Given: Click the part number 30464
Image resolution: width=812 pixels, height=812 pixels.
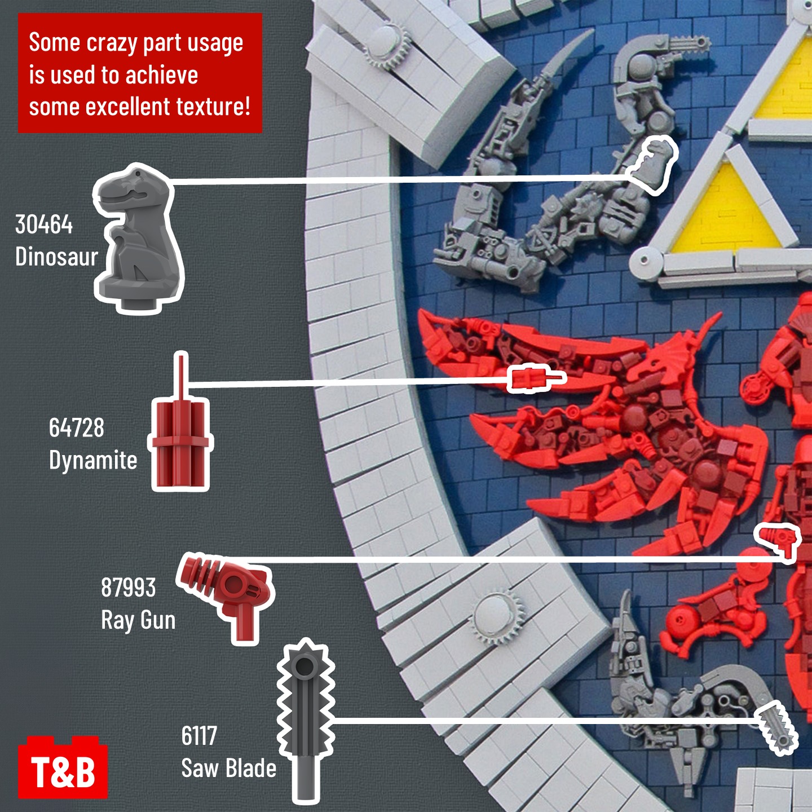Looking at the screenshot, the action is [44, 224].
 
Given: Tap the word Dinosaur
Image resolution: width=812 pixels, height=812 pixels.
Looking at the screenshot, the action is [56, 256].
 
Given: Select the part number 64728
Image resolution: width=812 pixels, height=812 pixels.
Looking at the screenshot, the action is [76, 427].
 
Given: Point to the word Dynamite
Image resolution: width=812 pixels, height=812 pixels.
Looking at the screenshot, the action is [92, 460].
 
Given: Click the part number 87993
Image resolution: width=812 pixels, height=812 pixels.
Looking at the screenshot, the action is [128, 587].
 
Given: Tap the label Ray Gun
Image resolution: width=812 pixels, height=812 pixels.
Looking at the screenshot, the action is [138, 620].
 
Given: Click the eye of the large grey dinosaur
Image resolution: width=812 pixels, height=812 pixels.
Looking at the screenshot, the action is [136, 174].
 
